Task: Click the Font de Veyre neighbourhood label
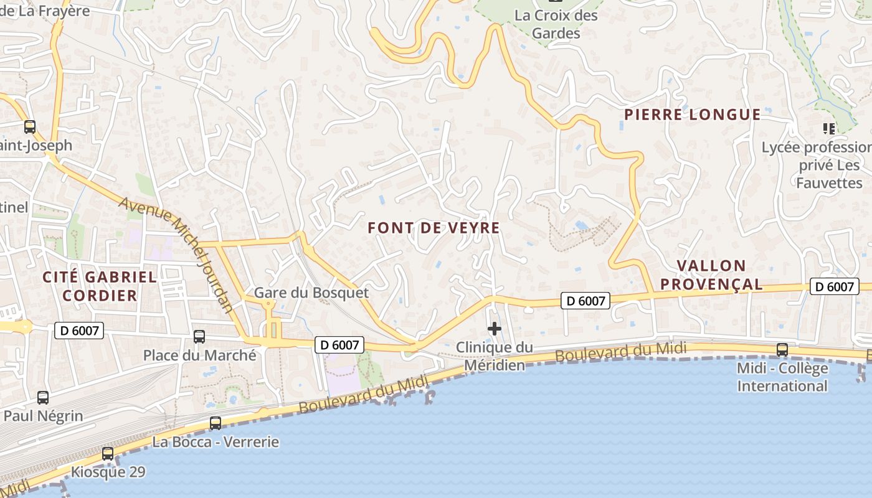click(x=434, y=228)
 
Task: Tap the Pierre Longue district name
click(x=692, y=115)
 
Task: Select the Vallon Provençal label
click(x=711, y=275)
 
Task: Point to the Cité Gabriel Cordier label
click(x=100, y=286)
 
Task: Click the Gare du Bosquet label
click(x=311, y=293)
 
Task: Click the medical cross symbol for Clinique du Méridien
click(x=495, y=328)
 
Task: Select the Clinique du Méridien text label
click(x=495, y=356)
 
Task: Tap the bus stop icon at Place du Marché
click(x=199, y=337)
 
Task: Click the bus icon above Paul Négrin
click(x=43, y=397)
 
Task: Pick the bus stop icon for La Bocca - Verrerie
click(x=216, y=423)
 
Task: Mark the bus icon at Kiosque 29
click(x=108, y=453)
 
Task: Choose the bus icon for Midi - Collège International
click(x=782, y=350)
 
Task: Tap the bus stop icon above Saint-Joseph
click(x=30, y=127)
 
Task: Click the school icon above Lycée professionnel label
click(x=828, y=129)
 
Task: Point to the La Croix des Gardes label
click(x=556, y=24)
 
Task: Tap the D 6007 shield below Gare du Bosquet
click(x=339, y=345)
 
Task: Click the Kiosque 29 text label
click(x=108, y=472)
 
